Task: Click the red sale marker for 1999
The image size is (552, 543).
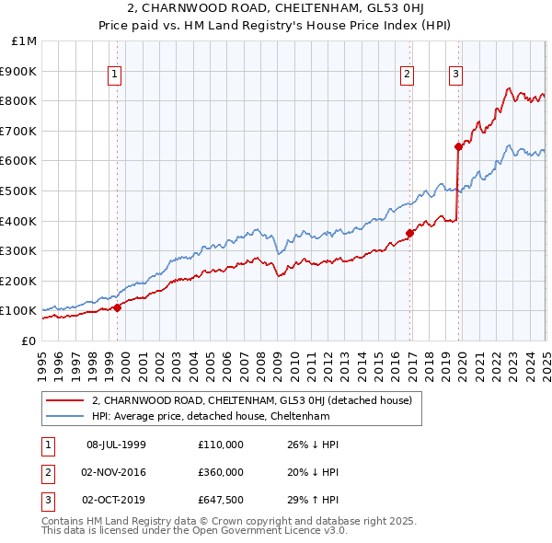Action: pyautogui.click(x=118, y=308)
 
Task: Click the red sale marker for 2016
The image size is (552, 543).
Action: pyautogui.click(x=410, y=233)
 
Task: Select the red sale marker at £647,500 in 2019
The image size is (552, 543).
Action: pyautogui.click(x=458, y=146)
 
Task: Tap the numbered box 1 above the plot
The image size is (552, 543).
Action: pyautogui.click(x=114, y=75)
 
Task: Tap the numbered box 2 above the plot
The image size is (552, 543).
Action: pyautogui.click(x=407, y=75)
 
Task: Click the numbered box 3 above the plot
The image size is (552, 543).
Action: pyautogui.click(x=455, y=75)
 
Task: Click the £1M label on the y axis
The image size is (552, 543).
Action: pyautogui.click(x=24, y=41)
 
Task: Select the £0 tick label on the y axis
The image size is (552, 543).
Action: pyautogui.click(x=29, y=341)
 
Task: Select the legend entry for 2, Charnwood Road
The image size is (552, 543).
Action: pyautogui.click(x=257, y=400)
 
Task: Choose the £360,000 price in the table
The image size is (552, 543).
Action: pyautogui.click(x=220, y=472)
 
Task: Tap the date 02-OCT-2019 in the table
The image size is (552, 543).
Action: pyautogui.click(x=116, y=501)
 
